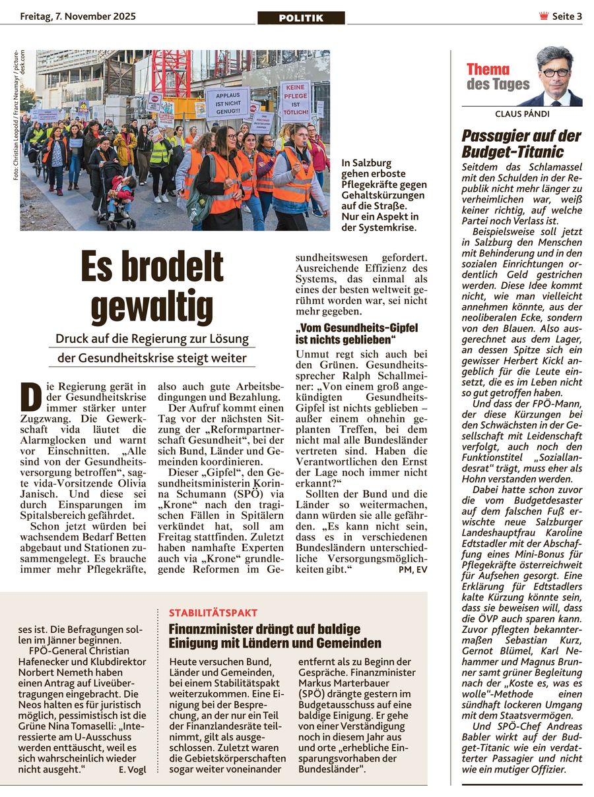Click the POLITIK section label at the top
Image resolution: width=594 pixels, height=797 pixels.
tap(301, 18)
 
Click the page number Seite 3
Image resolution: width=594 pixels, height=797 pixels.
tap(566, 16)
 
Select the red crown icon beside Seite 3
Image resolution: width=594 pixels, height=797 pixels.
tap(544, 16)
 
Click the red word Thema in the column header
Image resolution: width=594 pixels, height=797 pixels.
tap(488, 69)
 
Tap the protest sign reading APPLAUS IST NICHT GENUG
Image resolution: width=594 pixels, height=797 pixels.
tap(228, 102)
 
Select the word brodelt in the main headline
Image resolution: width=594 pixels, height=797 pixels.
tap(178, 266)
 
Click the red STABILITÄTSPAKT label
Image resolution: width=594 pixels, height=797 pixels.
tap(213, 612)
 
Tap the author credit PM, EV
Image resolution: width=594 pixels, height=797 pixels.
tap(413, 570)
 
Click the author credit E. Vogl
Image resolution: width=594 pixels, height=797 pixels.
tap(132, 769)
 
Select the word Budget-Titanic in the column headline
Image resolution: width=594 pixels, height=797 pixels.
tap(504, 152)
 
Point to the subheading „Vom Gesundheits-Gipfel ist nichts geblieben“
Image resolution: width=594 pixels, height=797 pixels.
tap(356, 334)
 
